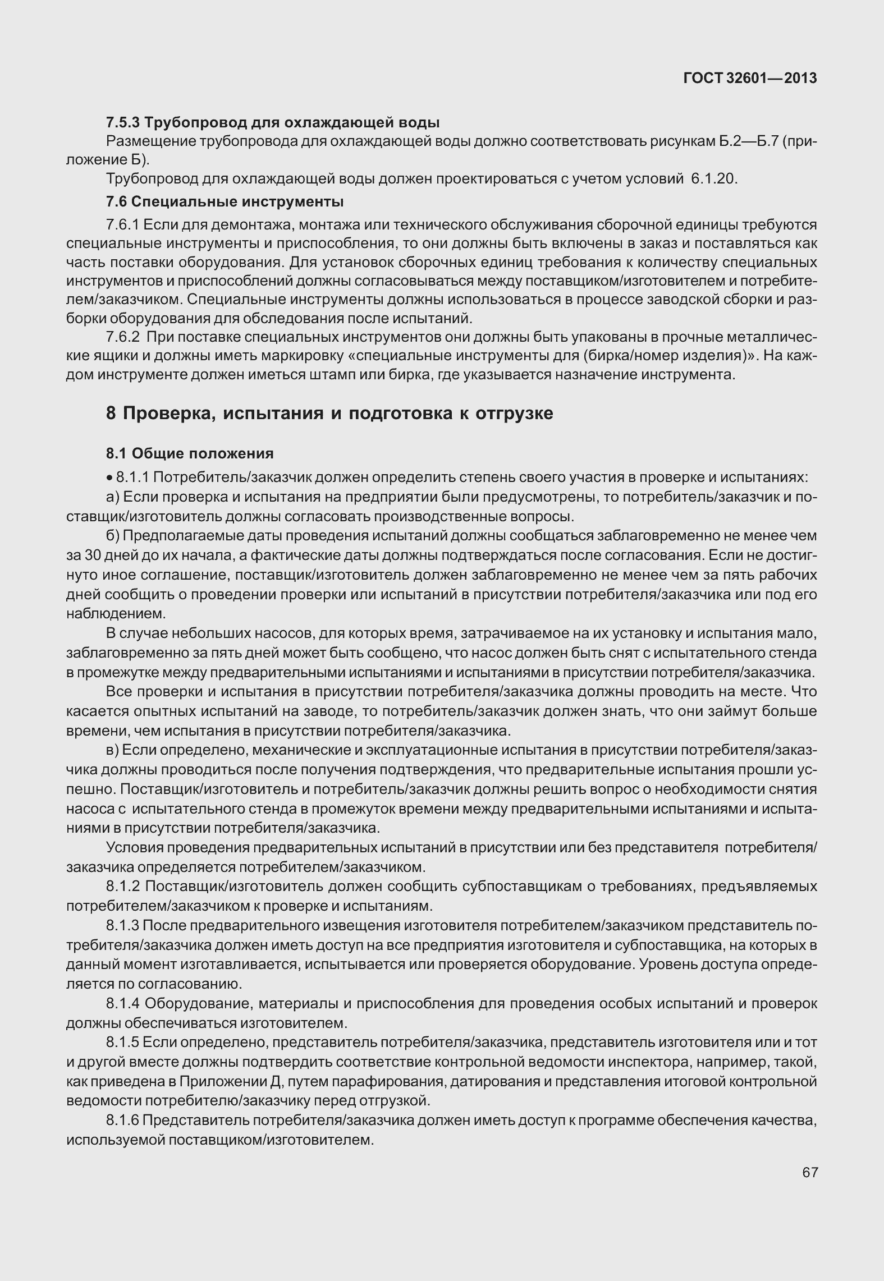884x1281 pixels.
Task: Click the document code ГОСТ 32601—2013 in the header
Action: click(x=749, y=79)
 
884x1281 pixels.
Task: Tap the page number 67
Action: click(x=809, y=1172)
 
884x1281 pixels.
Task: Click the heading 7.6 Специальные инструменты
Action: click(x=225, y=201)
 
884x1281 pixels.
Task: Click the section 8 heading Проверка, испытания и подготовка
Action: click(x=329, y=414)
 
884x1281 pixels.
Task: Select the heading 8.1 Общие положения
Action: click(x=190, y=453)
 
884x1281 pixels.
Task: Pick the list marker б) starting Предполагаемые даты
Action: click(x=112, y=536)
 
